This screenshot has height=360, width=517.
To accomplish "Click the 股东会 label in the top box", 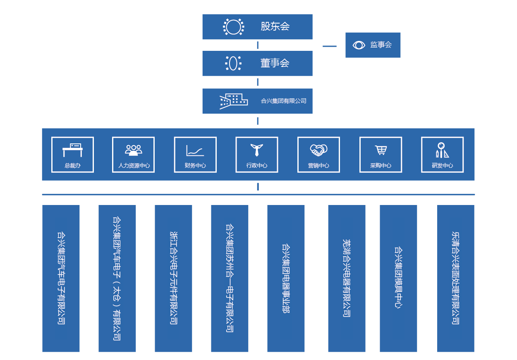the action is click(x=275, y=26).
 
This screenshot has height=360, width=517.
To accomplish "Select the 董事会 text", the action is click(x=275, y=63).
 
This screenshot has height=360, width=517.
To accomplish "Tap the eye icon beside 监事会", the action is click(x=359, y=45).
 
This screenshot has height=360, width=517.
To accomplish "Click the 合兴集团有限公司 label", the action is click(x=283, y=101).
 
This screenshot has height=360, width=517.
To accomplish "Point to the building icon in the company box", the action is click(x=234, y=101).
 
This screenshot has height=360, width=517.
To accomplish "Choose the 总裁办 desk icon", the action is click(x=72, y=150).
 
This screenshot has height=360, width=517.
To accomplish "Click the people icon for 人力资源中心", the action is click(x=134, y=150).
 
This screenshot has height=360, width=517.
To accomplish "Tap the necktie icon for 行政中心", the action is click(x=257, y=150).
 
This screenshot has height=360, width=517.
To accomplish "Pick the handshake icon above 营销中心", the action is click(x=318, y=150).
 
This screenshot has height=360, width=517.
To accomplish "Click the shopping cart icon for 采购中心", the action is click(x=381, y=150).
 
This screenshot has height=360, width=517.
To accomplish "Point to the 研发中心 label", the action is click(x=442, y=165).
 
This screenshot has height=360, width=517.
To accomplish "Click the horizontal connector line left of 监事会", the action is click(x=329, y=46).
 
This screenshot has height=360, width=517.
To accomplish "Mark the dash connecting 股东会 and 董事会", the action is click(x=258, y=45).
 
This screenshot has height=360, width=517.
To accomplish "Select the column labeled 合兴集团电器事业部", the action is click(x=286, y=278).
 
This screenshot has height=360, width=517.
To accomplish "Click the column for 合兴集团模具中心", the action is click(x=398, y=278).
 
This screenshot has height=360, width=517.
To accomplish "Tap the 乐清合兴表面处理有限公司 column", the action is click(x=456, y=278).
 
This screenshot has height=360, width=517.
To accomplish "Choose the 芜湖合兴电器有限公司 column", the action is click(x=347, y=278).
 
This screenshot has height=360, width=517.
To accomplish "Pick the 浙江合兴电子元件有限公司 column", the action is click(x=173, y=278).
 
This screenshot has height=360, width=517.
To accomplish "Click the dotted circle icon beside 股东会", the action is click(x=233, y=27).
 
